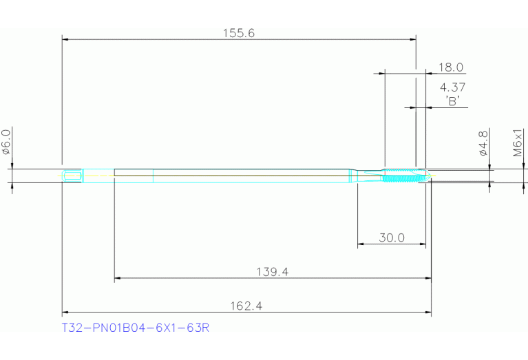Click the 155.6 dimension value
click(x=239, y=32)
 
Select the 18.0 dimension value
click(x=451, y=67)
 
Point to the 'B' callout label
click(x=452, y=100)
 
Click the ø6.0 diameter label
click(x=6, y=142)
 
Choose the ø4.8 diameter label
click(x=483, y=143)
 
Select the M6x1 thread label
click(x=518, y=142)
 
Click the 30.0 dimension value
click(x=392, y=238)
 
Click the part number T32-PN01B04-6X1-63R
click(x=136, y=328)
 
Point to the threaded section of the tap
click(x=401, y=176)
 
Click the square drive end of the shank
click(x=72, y=176)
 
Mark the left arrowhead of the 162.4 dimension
click(x=65, y=313)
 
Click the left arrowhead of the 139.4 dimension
click(x=117, y=278)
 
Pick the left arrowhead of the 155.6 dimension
click(x=65, y=39)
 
